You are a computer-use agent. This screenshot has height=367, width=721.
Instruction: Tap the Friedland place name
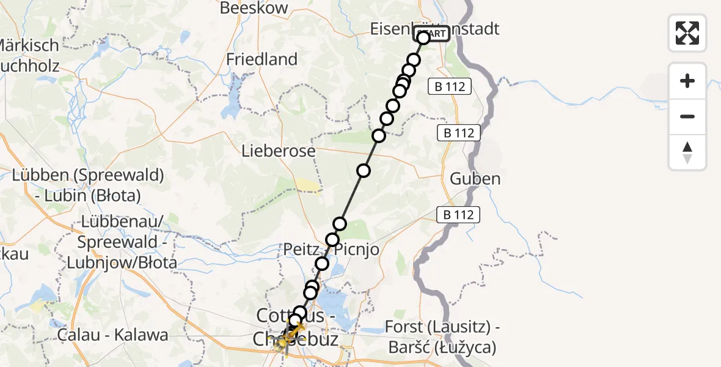coord(262,59)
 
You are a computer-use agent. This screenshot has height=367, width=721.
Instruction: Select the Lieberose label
coord(278,150)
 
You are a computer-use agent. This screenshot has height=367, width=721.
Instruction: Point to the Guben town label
coord(475,179)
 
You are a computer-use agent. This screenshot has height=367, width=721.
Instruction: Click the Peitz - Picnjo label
coord(331,250)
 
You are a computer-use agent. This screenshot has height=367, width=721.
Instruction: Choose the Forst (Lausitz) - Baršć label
coord(442,337)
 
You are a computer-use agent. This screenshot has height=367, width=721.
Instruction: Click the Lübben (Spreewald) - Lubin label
coord(88,185)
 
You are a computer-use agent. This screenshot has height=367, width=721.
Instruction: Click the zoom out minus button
coord(687,116)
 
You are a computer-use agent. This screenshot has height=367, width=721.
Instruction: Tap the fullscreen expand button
coord(687,33)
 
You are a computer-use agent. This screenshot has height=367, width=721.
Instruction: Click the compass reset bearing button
coord(687,152)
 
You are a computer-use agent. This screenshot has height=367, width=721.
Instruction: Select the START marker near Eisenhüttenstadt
coord(431,34)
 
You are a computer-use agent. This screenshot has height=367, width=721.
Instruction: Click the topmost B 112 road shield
coord(450,87)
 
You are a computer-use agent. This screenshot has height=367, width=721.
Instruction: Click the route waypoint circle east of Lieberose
coord(364,171)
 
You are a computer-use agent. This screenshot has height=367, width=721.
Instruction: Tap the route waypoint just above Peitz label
coord(332,239)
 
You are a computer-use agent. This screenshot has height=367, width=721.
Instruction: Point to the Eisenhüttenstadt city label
coord(435,28)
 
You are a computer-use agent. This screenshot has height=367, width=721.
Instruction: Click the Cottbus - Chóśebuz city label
coord(297,327)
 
